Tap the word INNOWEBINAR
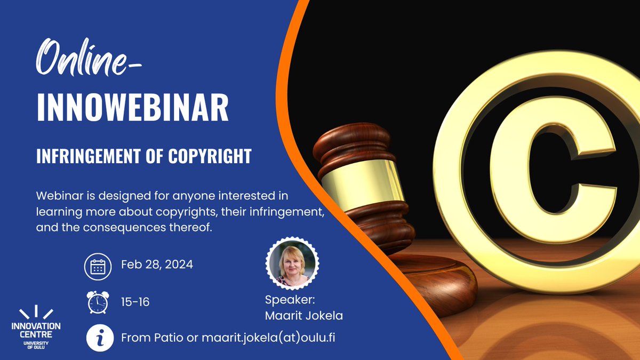(x=132, y=108)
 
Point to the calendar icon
(x=98, y=266)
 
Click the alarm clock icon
(x=98, y=302)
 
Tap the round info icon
(x=98, y=338)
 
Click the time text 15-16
(x=135, y=302)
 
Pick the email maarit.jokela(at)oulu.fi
(x=269, y=338)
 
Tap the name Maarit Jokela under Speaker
(x=303, y=316)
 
